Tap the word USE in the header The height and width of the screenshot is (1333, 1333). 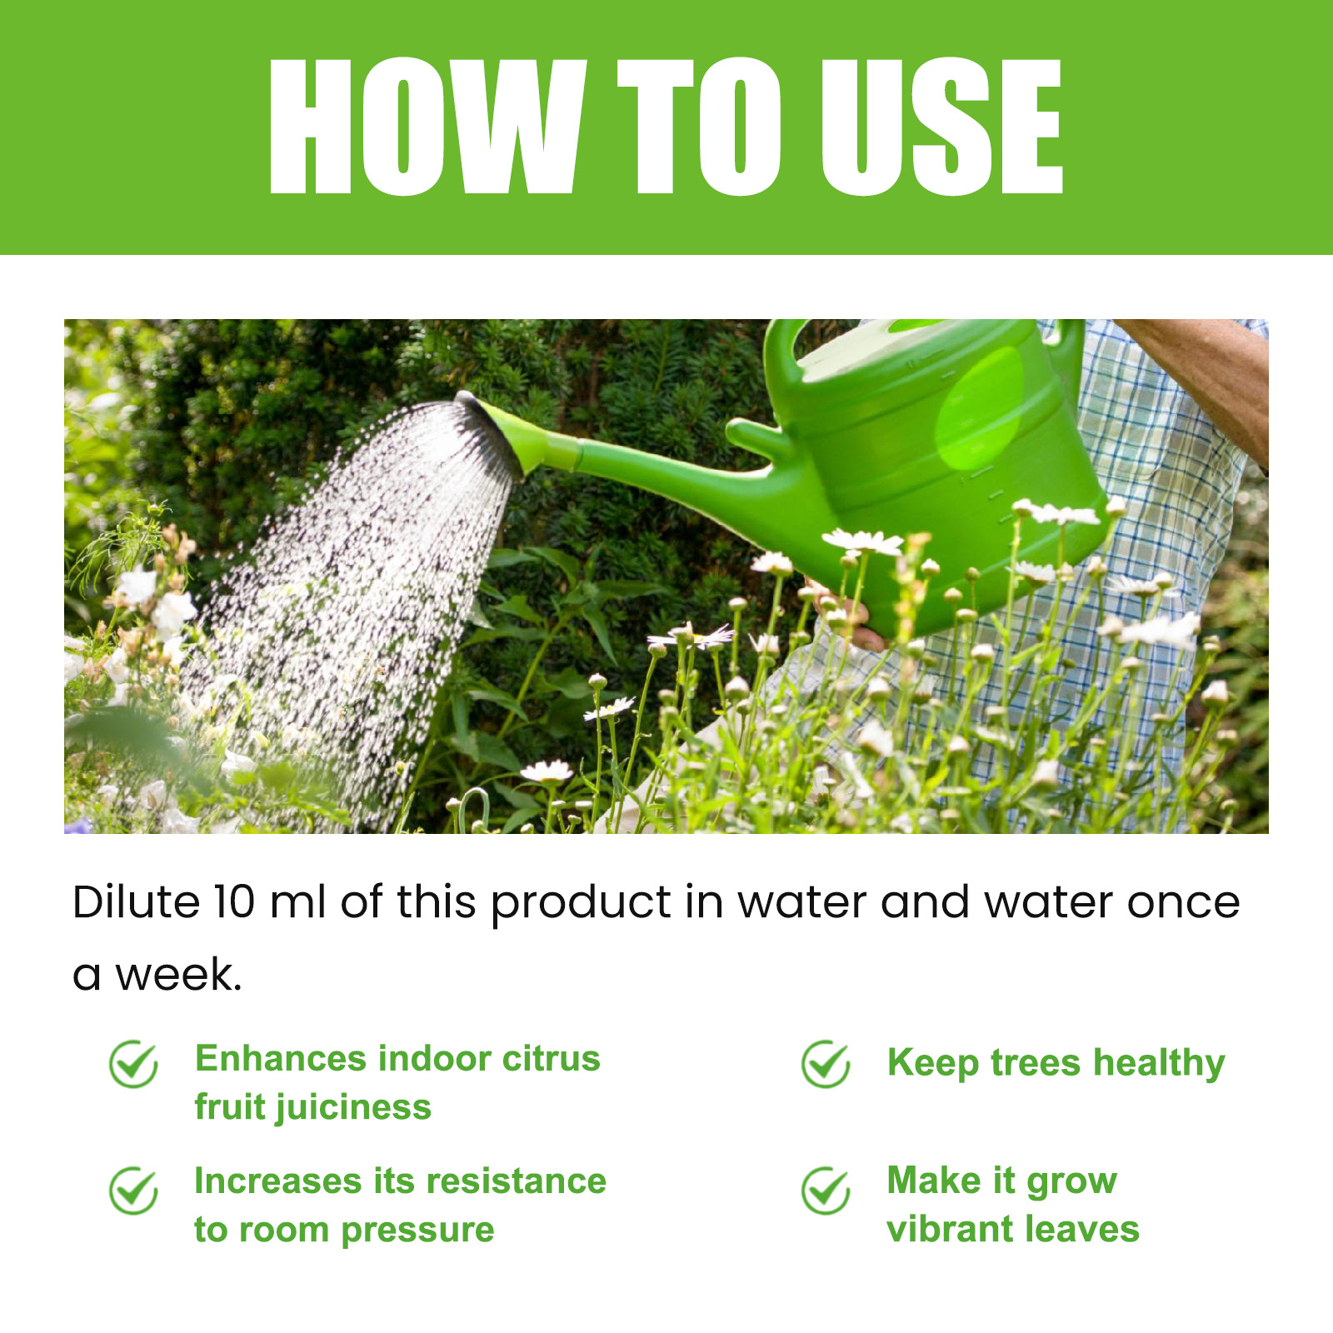[x=942, y=127]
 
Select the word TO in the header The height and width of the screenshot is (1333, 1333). [x=699, y=127]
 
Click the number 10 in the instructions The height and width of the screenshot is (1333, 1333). [x=234, y=901]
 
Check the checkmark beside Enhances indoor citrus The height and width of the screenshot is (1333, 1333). [x=133, y=1064]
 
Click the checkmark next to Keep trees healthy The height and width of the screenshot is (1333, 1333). [x=826, y=1064]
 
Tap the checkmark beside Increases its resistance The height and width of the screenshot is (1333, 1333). [x=133, y=1191]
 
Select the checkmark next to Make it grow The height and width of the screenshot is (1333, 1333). [x=826, y=1191]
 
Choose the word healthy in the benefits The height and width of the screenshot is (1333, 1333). [x=1159, y=1064]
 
